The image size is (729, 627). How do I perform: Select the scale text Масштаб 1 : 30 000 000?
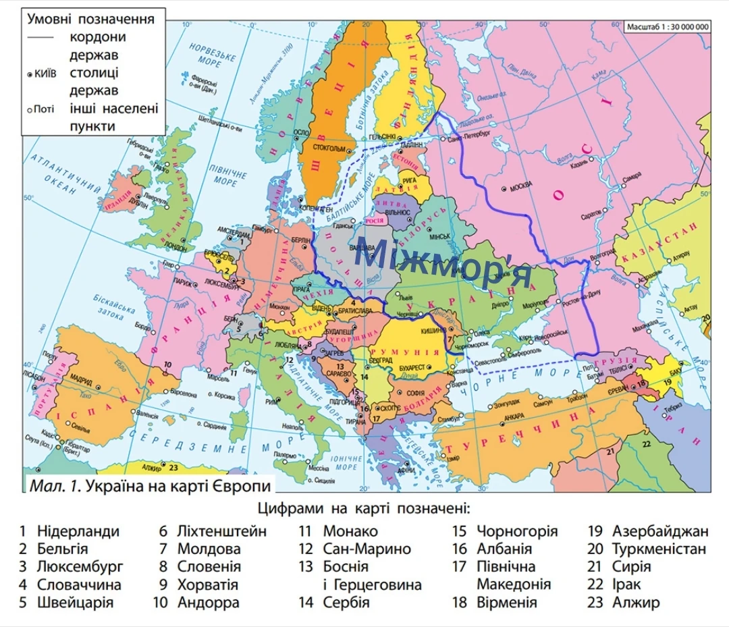667,27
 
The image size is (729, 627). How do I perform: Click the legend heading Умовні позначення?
90,19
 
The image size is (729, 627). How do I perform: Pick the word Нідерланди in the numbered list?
78,531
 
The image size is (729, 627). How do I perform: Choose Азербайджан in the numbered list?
660,531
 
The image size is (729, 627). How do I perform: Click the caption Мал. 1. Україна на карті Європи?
150,486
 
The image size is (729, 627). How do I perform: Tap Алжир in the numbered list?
636,602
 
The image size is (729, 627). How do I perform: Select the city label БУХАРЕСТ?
411,367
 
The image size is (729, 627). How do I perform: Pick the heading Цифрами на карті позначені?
364,508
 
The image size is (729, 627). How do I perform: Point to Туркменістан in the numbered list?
659,549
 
